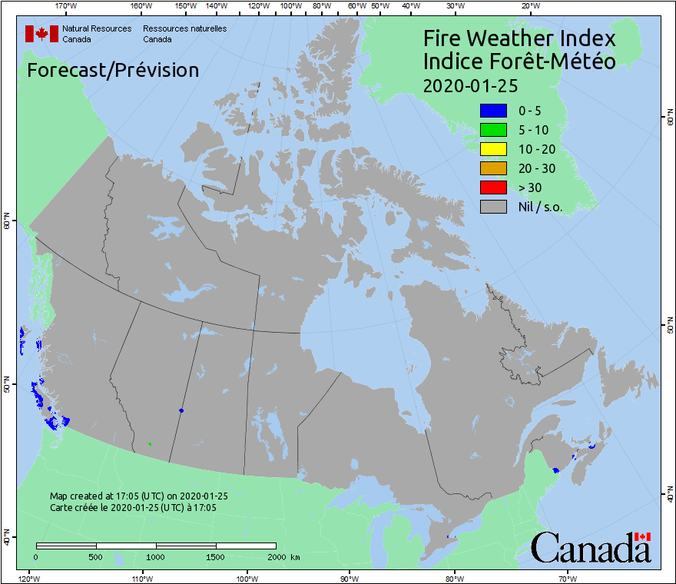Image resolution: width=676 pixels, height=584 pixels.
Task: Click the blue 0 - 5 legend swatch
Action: [x=492, y=111]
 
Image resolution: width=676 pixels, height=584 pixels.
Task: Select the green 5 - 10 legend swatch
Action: [x=492, y=130]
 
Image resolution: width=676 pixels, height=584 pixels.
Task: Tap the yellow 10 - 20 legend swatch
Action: [x=492, y=149]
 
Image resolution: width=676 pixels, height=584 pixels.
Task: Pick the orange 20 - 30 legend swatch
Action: [x=492, y=168]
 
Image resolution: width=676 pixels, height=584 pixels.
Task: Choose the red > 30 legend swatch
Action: [x=492, y=187]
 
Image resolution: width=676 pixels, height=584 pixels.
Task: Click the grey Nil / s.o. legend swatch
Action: [x=492, y=207]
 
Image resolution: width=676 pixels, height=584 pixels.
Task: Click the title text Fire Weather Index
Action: [x=519, y=38]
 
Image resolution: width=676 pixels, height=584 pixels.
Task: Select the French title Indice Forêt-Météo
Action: [x=519, y=61]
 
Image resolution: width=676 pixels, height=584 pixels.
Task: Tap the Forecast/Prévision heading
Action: [x=113, y=70]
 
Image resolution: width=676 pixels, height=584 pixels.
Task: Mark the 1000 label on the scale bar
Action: [x=156, y=557]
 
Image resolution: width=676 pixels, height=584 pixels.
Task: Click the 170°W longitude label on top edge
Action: [x=67, y=6]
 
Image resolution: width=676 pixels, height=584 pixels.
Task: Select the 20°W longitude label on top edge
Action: [x=529, y=6]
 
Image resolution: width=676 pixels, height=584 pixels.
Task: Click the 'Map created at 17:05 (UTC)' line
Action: [x=139, y=496]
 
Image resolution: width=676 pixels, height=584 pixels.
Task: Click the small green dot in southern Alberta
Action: [x=149, y=443]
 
